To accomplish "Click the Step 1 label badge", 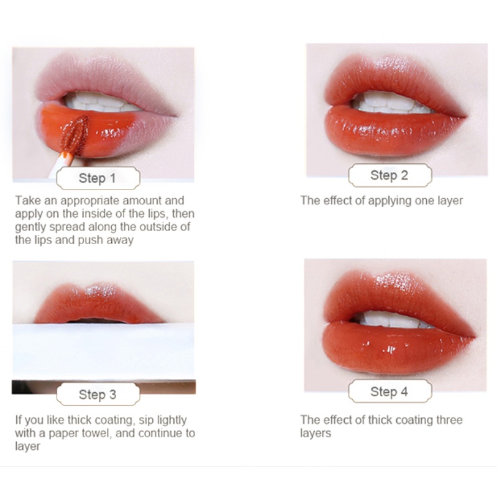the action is [98, 178].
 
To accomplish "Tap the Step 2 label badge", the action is [390, 175].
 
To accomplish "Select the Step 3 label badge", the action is [98, 394].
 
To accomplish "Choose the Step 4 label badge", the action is [390, 391].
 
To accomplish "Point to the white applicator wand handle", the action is [60, 165].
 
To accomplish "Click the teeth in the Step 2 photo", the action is [391, 103].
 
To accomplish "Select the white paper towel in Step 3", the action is [103, 351].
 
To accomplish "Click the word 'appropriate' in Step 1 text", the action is [89, 201].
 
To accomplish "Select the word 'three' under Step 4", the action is [449, 420].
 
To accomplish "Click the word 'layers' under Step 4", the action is [316, 434].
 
